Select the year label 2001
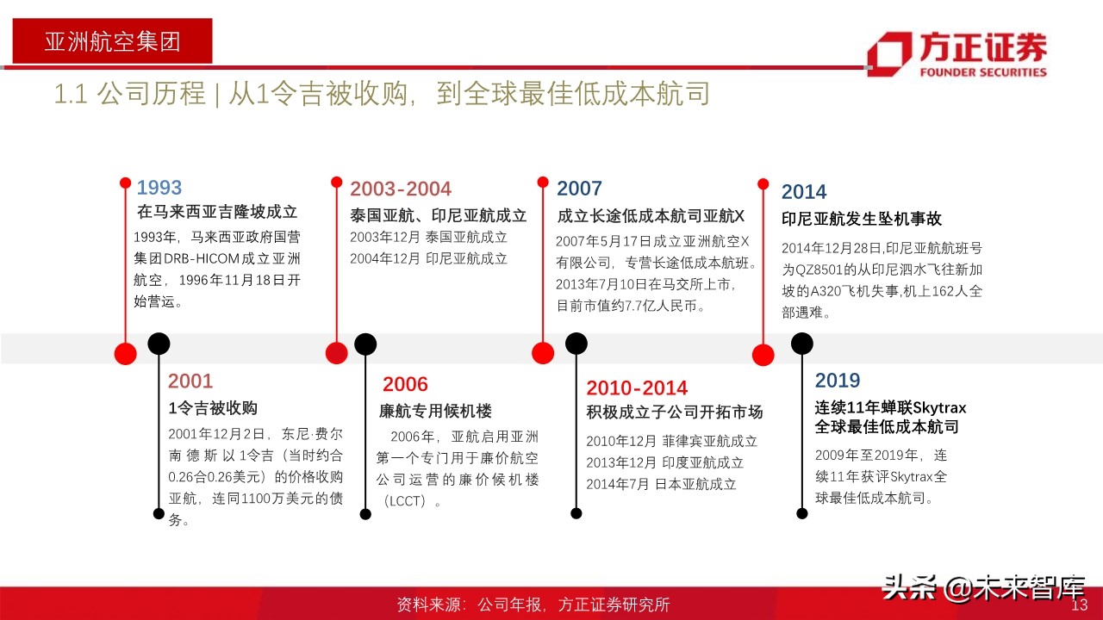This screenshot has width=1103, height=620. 190,381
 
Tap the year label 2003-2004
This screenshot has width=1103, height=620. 400,189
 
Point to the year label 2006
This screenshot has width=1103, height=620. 405,385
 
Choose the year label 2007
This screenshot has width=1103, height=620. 579,189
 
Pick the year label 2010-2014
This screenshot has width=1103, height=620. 637,388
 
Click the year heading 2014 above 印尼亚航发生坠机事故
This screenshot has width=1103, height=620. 803,192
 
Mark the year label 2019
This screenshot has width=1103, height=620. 838,381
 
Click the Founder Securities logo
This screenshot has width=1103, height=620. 957,53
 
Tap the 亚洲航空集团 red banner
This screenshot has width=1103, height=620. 112,40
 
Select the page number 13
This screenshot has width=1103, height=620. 1080,604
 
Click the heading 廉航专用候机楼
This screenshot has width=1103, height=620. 435,412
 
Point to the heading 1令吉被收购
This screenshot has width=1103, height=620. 213,408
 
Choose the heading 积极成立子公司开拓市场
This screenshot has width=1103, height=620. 674,412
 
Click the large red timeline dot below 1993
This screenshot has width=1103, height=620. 126,353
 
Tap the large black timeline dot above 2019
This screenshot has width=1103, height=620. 801,344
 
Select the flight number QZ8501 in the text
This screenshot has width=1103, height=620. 829,268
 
